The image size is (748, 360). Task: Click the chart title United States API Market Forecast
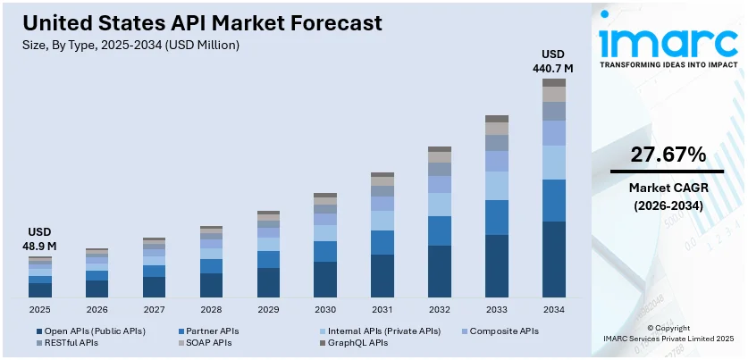click(x=202, y=22)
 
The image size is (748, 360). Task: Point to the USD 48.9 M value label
click(x=39, y=239)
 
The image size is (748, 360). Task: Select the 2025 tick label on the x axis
click(x=39, y=309)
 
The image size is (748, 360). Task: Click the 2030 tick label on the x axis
click(x=325, y=309)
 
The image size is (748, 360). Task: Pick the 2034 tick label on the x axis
click(x=554, y=309)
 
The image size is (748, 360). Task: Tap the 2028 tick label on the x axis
click(x=211, y=309)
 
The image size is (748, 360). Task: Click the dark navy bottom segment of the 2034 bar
click(x=554, y=259)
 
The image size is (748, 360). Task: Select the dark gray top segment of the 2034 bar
click(x=554, y=82)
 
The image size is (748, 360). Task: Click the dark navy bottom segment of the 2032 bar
click(x=440, y=271)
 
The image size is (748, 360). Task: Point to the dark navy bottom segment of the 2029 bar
click(x=268, y=282)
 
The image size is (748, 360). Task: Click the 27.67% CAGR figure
click(x=668, y=154)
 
